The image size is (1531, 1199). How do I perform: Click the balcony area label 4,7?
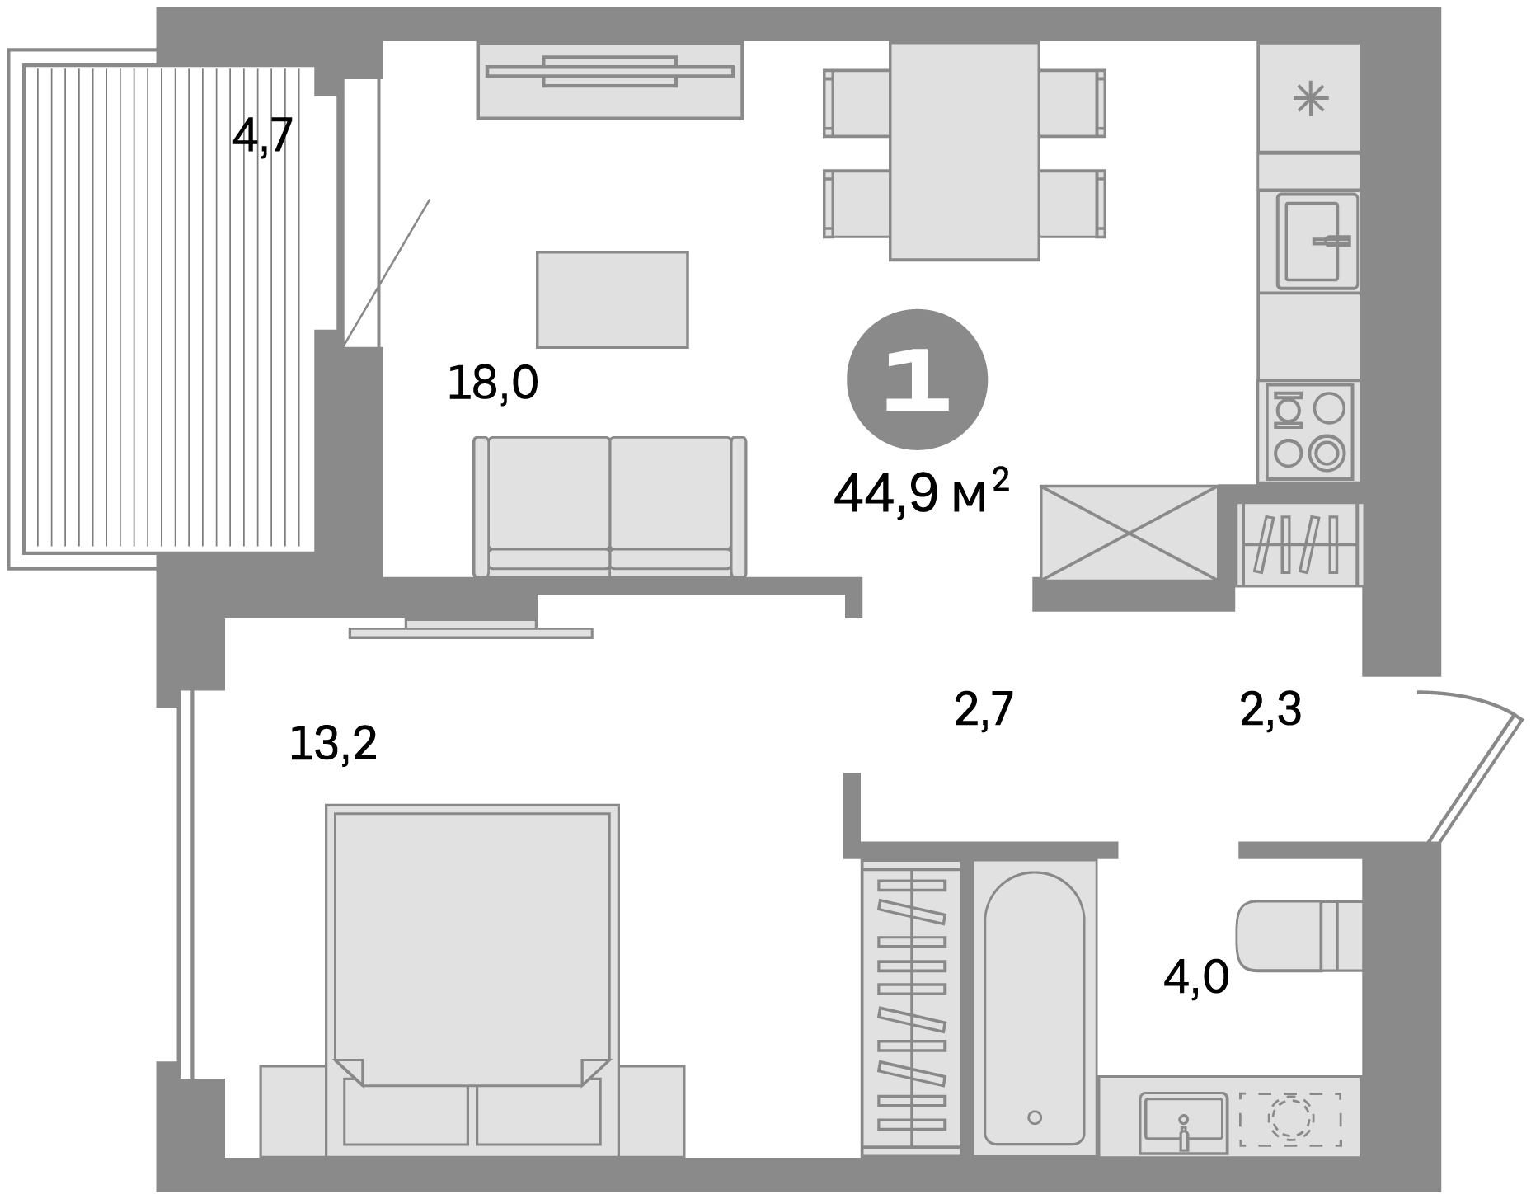(262, 136)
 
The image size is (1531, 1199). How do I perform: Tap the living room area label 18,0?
(492, 383)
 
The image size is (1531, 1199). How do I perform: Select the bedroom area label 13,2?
(333, 744)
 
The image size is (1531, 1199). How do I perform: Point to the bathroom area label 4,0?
(1195, 978)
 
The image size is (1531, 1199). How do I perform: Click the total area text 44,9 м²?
(921, 492)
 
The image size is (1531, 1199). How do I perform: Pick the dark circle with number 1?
(917, 380)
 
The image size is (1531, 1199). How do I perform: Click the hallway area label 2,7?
(983, 709)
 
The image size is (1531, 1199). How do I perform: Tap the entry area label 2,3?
(1270, 709)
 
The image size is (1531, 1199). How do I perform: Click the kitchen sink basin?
(1317, 241)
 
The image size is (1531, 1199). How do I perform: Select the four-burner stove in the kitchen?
(1308, 431)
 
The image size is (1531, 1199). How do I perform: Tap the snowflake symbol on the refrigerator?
(1309, 100)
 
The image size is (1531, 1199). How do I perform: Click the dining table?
(964, 151)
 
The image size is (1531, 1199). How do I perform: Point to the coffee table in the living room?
(613, 299)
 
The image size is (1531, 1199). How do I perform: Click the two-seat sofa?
(610, 505)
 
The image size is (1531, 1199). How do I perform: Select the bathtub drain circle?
(1035, 1117)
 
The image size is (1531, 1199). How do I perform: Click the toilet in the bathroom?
(1299, 936)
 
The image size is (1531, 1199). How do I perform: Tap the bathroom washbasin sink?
(1183, 1122)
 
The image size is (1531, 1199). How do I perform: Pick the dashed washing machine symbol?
(1290, 1120)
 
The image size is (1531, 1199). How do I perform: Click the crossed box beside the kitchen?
(1129, 533)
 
